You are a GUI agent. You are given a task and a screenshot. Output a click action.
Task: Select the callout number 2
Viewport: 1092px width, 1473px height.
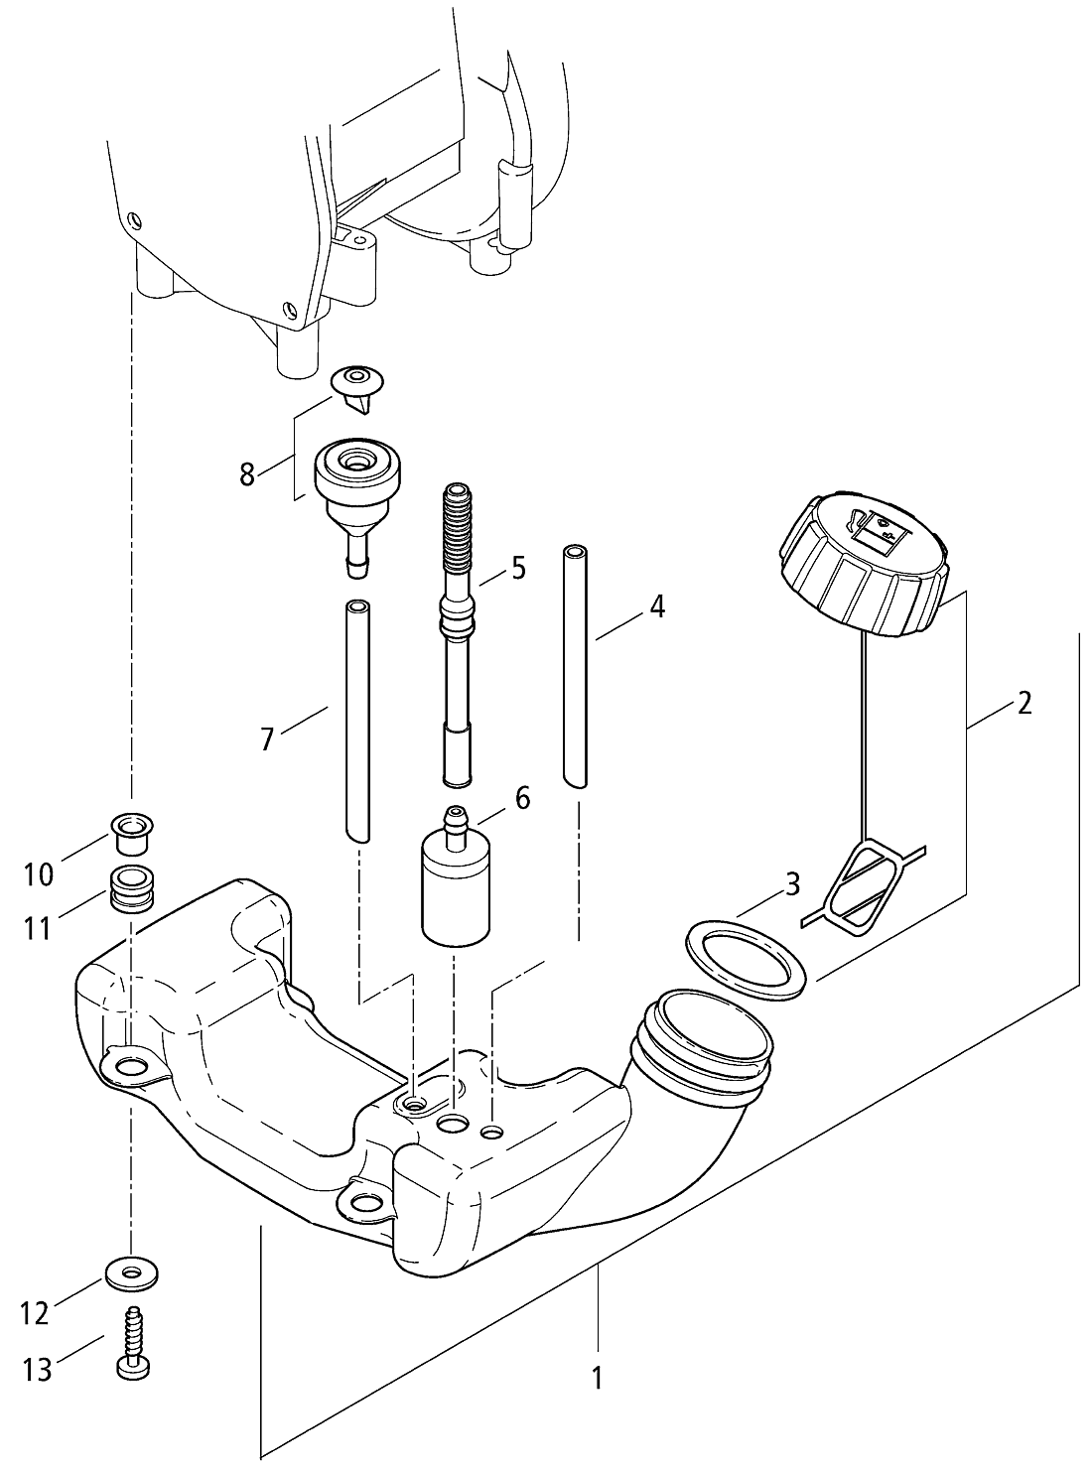pyautogui.click(x=1024, y=704)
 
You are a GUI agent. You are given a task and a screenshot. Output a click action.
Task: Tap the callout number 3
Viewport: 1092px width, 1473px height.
pyautogui.click(x=791, y=884)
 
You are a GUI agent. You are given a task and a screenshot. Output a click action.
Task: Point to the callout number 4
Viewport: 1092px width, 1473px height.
pyautogui.click(x=656, y=606)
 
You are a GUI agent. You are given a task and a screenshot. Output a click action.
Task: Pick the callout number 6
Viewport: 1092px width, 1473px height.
pyautogui.click(x=522, y=797)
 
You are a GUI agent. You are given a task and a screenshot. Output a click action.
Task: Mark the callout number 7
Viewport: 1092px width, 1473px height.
pyautogui.click(x=266, y=738)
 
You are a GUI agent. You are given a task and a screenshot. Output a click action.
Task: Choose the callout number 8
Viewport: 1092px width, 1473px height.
pyautogui.click(x=248, y=473)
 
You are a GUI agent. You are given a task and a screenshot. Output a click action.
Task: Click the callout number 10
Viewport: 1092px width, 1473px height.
pyautogui.click(x=39, y=874)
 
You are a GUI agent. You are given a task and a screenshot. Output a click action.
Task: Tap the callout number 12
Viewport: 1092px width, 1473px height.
pyautogui.click(x=35, y=1313)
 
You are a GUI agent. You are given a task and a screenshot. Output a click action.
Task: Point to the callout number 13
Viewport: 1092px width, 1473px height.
pyautogui.click(x=37, y=1371)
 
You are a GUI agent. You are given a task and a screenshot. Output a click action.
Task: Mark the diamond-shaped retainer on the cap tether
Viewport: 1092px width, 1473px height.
pyautogui.click(x=865, y=883)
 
